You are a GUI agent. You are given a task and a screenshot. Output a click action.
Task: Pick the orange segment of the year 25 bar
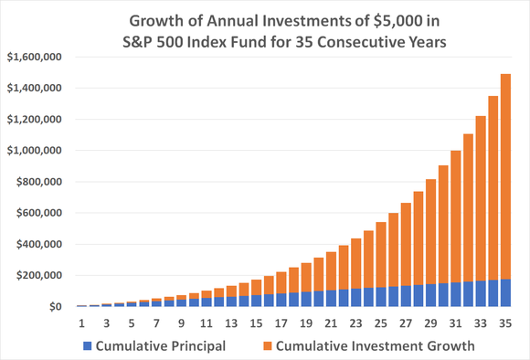(382, 256)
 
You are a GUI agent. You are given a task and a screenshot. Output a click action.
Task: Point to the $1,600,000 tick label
(34, 57)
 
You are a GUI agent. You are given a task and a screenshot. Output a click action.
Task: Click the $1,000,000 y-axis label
(34, 151)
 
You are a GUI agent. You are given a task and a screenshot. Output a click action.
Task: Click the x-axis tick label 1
(82, 323)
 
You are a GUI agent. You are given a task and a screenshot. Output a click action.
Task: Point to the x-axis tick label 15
(257, 323)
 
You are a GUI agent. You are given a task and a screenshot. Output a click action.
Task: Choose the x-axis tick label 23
(356, 323)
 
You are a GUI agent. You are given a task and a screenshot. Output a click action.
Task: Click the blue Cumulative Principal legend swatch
(88, 345)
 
